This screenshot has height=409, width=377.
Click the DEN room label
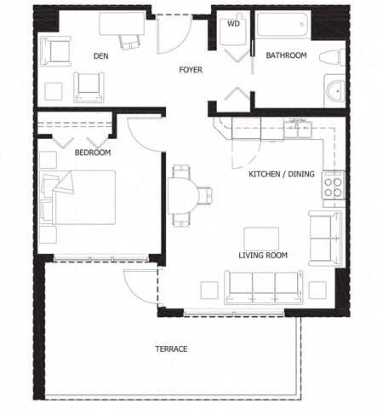[101, 56]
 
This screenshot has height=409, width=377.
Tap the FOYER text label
[190, 70]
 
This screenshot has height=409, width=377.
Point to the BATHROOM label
[286, 55]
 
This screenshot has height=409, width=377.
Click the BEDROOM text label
[91, 153]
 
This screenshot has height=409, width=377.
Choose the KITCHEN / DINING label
[281, 174]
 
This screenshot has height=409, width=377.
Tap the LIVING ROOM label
[263, 255]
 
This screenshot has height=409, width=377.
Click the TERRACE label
[170, 349]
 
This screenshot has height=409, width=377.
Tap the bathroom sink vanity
[334, 90]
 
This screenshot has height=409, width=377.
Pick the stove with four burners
[332, 185]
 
